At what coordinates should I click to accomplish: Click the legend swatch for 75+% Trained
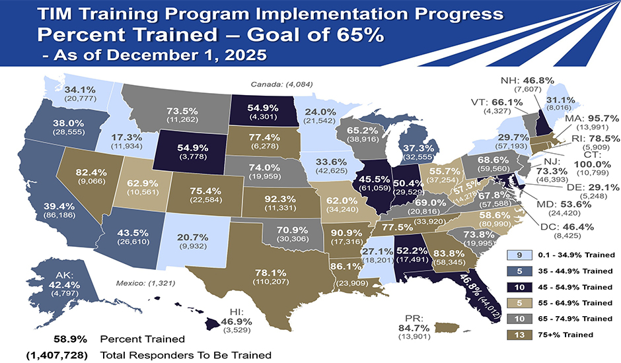(520, 335)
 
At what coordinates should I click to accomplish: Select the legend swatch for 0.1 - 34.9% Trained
(520, 255)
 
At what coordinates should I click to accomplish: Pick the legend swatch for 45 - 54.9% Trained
(520, 287)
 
